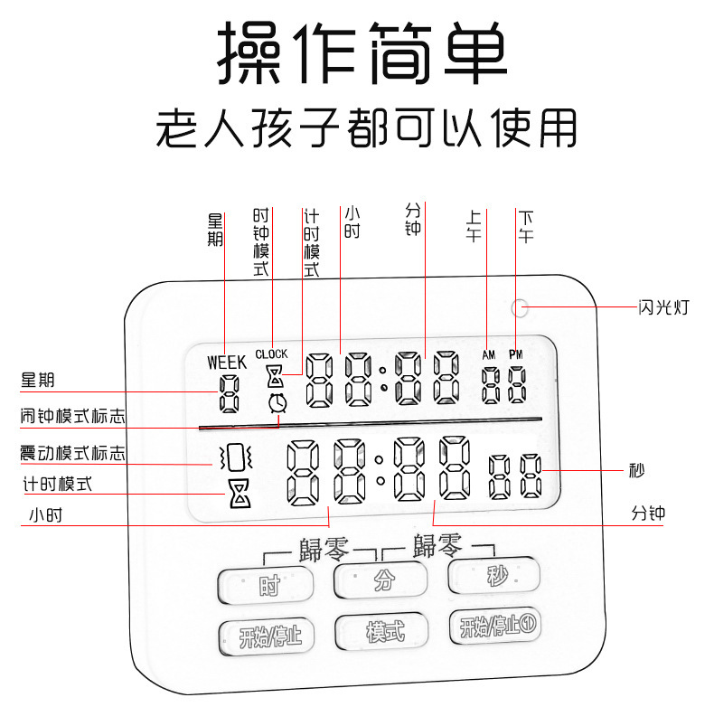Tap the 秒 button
(494, 575)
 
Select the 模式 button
(383, 632)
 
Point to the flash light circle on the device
(519, 307)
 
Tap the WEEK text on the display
(226, 362)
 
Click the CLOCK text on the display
(271, 353)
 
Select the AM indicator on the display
(490, 355)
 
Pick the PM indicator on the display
(516, 355)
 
